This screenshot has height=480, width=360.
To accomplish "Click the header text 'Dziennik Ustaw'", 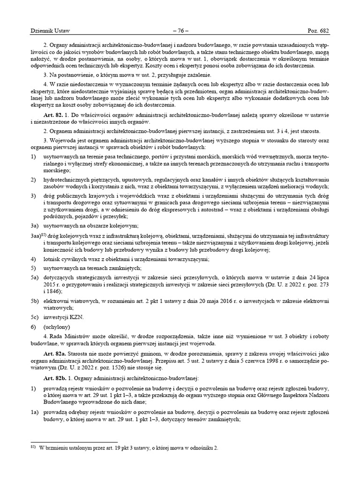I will [x=50, y=31].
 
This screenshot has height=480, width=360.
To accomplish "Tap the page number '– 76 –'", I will [x=180, y=31].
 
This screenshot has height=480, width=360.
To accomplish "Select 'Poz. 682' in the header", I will [x=318, y=31].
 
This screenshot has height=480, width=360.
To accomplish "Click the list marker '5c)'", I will [x=34, y=317].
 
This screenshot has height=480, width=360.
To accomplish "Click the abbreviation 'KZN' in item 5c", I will [x=78, y=317].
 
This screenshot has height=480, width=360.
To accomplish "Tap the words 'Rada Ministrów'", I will [x=68, y=336].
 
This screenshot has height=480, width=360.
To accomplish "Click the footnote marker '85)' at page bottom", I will [x=33, y=447].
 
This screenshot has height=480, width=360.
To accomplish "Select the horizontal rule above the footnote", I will [x=74, y=442].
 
